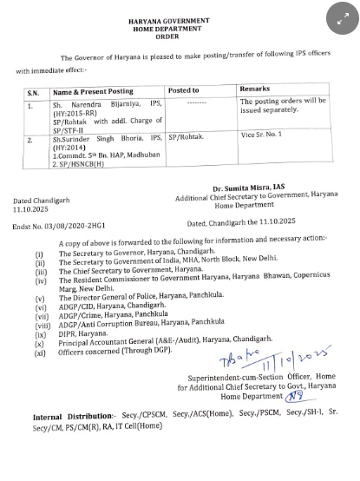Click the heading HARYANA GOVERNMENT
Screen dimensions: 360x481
click(x=180, y=18)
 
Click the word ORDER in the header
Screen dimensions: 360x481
click(x=180, y=36)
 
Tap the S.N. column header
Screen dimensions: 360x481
click(x=32, y=90)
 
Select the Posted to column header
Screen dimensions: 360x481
click(x=184, y=90)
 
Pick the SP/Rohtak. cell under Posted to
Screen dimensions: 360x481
click(x=186, y=137)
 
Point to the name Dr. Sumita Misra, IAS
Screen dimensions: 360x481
click(x=248, y=188)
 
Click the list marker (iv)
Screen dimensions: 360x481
click(x=41, y=280)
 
